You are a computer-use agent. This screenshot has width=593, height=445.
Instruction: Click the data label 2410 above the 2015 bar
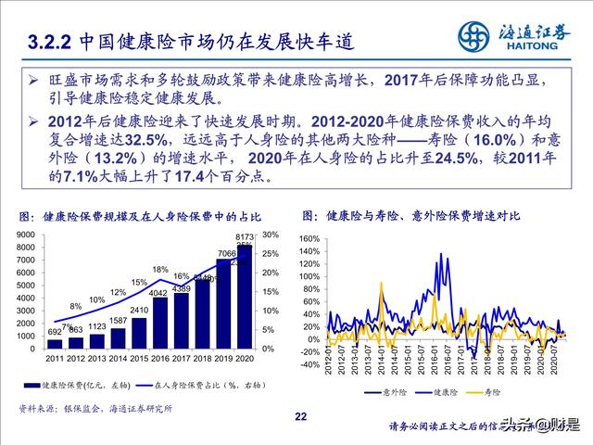coord(139,310)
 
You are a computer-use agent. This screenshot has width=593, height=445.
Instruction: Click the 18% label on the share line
coord(159,270)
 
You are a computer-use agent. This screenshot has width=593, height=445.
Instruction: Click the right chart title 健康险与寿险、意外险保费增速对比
coord(423,216)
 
